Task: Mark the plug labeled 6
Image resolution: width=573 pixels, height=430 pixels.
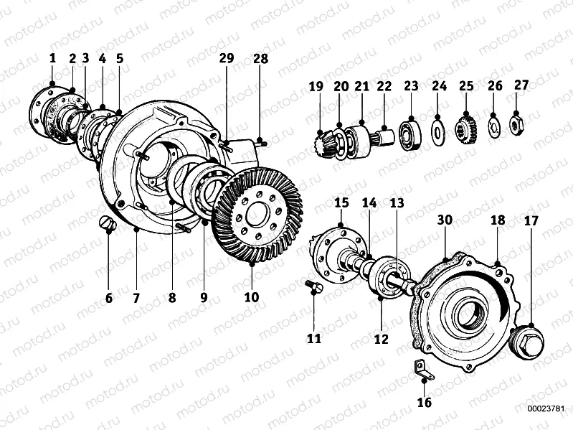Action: click(x=108, y=225)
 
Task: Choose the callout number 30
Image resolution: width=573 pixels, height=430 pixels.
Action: click(x=445, y=221)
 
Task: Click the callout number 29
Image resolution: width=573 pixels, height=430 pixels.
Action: click(x=227, y=59)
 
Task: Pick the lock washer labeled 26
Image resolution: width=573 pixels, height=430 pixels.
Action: click(x=494, y=126)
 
